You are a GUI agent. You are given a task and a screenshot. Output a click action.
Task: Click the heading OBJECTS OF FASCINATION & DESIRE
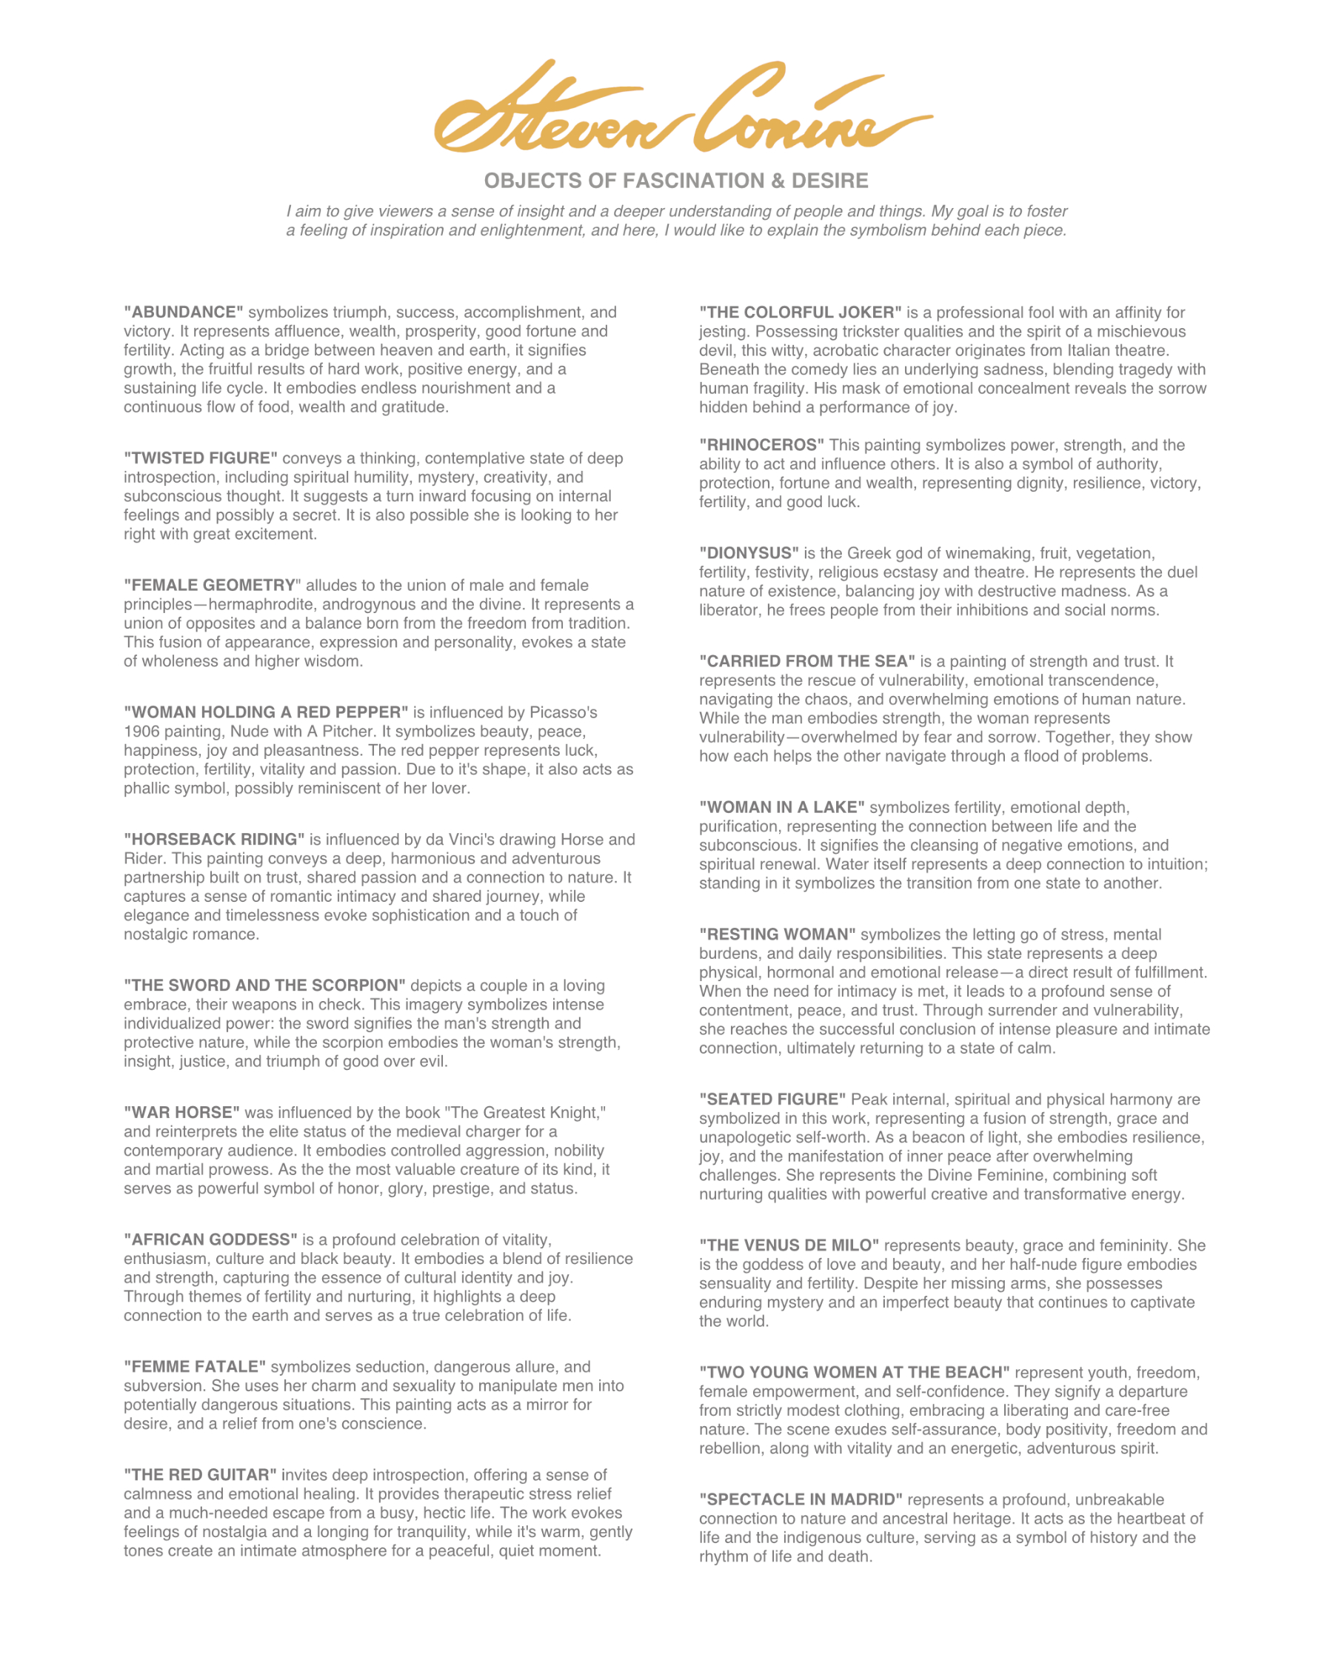675,181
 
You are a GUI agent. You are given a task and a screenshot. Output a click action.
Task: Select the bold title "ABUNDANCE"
184,312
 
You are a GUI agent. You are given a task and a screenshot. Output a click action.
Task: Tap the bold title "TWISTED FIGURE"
201,458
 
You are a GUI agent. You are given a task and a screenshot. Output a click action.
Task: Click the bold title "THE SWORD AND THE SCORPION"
265,986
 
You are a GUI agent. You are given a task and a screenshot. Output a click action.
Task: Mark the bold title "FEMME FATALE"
196,1366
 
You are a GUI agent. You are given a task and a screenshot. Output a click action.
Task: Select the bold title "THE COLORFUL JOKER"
801,312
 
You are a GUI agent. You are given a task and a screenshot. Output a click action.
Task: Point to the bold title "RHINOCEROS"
762,445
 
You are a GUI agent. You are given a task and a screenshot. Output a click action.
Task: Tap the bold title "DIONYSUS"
749,553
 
